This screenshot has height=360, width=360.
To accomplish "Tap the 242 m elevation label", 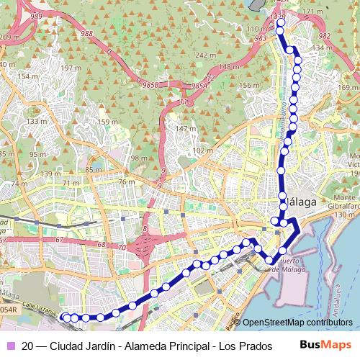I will [206, 55].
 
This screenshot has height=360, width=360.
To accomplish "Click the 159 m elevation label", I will [107, 122].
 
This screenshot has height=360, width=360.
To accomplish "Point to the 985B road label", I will [150, 83].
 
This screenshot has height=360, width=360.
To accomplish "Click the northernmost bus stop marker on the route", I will [280, 22].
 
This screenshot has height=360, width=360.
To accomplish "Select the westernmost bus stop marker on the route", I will [64, 317].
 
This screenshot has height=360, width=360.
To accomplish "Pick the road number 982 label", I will [324, 35].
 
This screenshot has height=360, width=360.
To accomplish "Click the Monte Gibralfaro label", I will [346, 202].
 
